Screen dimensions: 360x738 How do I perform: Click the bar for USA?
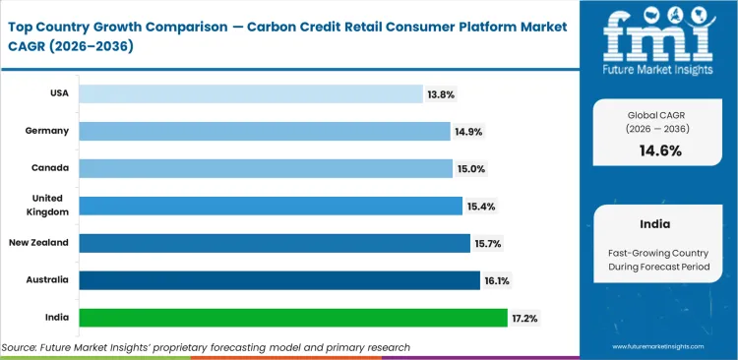[x=250, y=93]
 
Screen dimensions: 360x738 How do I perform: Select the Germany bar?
[x=264, y=131]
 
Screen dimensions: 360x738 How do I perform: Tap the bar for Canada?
[x=266, y=168]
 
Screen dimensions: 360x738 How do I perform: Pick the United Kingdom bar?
[x=271, y=206]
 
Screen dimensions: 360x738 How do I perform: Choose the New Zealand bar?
[x=275, y=243]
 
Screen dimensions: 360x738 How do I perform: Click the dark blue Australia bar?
[x=279, y=280]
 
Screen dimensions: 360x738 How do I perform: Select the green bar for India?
[x=293, y=318]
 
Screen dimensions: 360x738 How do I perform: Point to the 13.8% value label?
[x=442, y=93]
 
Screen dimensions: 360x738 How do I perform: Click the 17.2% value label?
[x=524, y=318]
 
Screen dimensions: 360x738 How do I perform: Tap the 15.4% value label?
[x=481, y=206]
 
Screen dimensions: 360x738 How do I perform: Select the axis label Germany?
[x=46, y=131]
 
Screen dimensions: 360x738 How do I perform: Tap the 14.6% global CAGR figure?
[x=661, y=150]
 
